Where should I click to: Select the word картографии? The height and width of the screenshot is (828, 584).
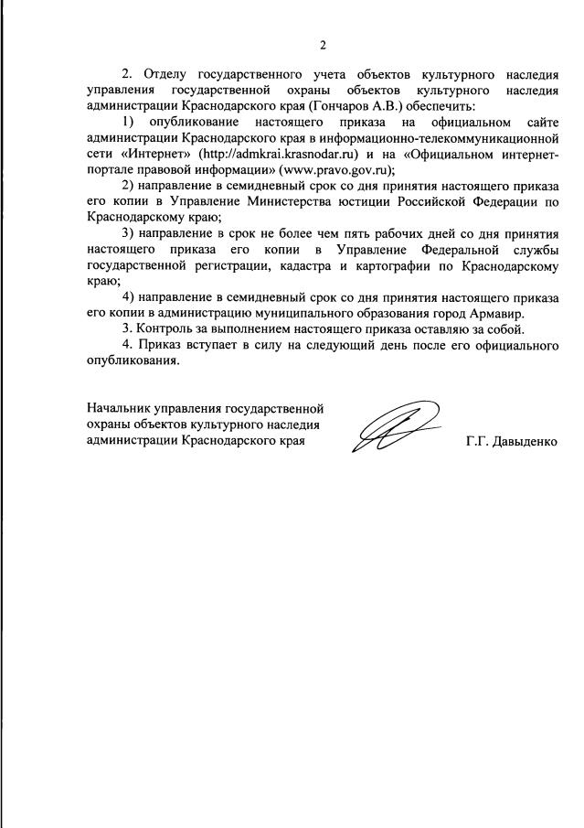tap(402, 264)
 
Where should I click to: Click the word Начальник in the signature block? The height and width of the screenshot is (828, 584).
tap(121, 408)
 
